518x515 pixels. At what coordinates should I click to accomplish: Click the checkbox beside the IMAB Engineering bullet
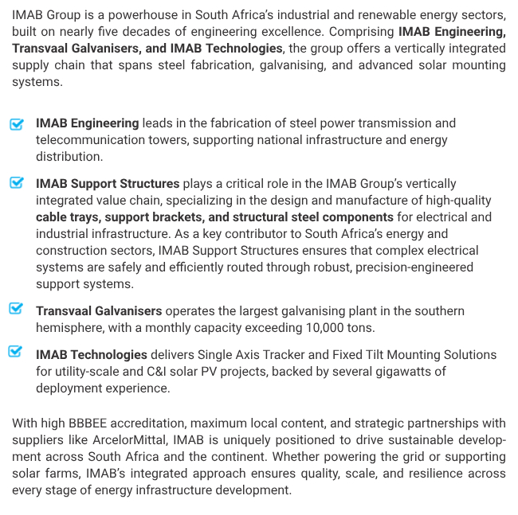17,124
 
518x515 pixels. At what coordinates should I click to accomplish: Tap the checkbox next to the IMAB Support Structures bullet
17,183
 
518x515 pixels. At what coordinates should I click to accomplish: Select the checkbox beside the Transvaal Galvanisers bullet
17,309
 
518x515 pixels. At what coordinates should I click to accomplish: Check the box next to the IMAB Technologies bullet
17,352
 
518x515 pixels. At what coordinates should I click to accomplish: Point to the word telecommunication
93,140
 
